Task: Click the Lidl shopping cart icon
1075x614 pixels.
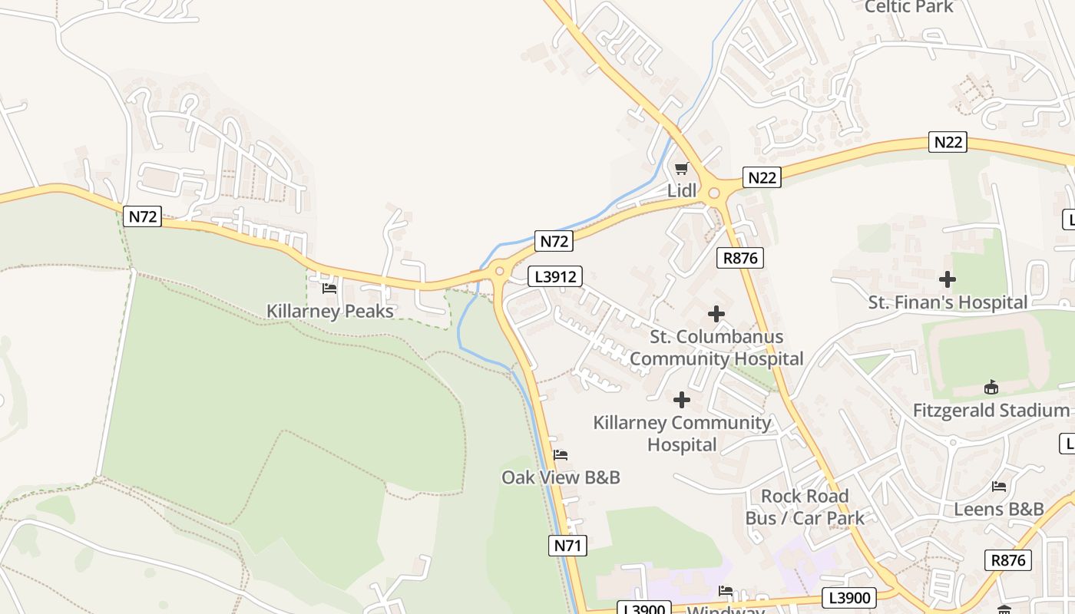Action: (680, 168)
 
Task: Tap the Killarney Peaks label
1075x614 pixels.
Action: (329, 311)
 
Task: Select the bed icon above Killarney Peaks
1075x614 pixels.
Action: (329, 289)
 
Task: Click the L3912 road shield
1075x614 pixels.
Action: (554, 276)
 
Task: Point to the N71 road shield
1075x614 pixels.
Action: (568, 546)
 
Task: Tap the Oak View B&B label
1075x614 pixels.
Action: (561, 477)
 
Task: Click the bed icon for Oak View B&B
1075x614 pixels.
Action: (561, 455)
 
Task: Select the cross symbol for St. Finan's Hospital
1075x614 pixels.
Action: (948, 279)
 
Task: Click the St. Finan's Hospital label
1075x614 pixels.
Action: (948, 302)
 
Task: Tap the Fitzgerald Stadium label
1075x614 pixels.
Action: (991, 411)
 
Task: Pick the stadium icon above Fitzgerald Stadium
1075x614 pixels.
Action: (991, 388)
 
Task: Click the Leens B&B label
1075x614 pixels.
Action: (999, 509)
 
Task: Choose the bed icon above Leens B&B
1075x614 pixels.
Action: (999, 487)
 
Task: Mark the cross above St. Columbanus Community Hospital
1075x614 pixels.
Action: (716, 314)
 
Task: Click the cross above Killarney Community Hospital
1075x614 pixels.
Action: (682, 400)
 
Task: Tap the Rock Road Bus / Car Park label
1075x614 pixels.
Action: (805, 507)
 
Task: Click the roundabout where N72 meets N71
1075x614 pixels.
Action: (500, 270)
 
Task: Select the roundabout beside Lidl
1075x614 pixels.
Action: (714, 193)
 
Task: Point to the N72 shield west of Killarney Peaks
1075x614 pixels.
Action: (142, 216)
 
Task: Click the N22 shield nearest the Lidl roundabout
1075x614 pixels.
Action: (762, 178)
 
